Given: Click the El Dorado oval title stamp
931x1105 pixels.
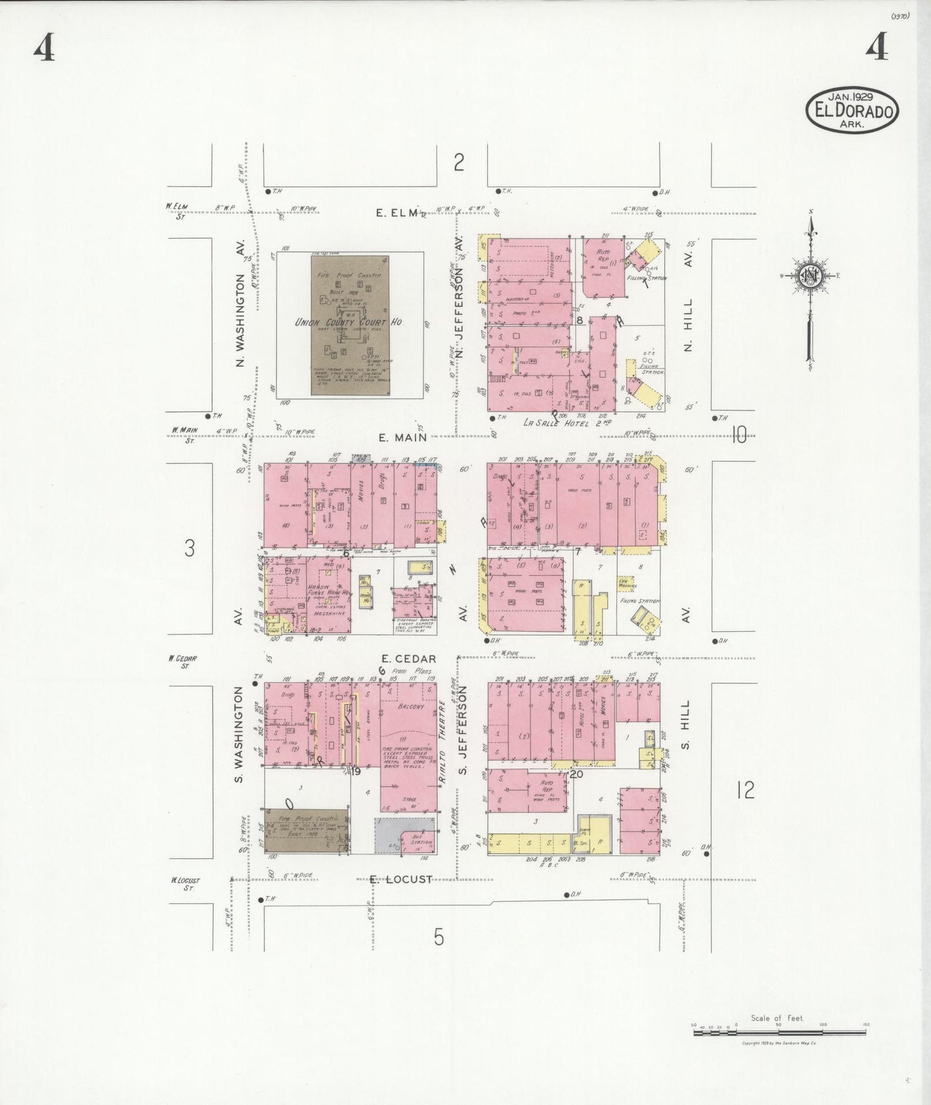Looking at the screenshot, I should click(852, 110).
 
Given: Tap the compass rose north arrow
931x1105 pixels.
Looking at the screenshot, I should click(811, 277).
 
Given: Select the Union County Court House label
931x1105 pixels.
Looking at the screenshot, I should click(348, 322).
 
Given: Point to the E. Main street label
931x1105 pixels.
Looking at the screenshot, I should click(402, 437).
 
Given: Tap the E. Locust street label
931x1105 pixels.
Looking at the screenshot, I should click(401, 879).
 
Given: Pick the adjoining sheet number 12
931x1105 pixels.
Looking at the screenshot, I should click(745, 790).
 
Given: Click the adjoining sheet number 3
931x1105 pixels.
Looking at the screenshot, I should click(189, 548).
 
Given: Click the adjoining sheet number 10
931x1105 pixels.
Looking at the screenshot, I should click(738, 436).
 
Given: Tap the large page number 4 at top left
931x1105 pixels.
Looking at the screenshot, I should click(44, 48).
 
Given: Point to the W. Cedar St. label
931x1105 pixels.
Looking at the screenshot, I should click(182, 661).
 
